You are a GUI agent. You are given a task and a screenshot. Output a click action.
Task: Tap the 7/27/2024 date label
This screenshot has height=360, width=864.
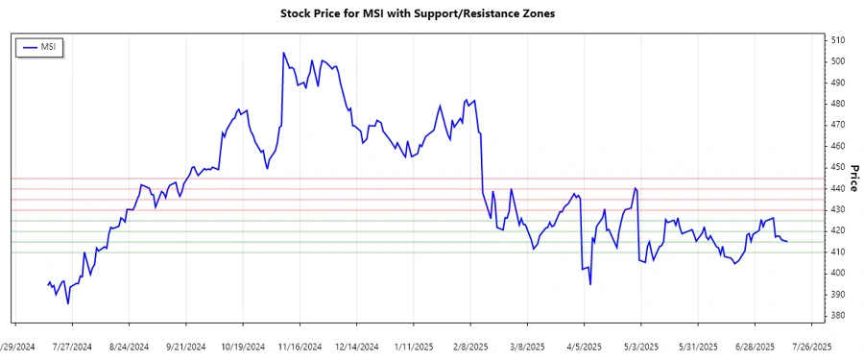click(71, 346)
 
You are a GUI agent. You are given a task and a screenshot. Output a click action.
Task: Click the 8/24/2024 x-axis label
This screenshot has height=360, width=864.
click(129, 346)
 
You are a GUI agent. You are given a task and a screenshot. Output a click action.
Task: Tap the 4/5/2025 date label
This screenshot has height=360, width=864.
click(582, 346)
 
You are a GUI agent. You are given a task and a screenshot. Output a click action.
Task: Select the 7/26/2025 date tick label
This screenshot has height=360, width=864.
click(808, 346)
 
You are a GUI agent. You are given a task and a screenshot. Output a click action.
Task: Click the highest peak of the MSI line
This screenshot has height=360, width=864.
click(283, 53)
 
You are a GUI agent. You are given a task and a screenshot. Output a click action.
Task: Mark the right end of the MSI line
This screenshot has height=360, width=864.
click(787, 241)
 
